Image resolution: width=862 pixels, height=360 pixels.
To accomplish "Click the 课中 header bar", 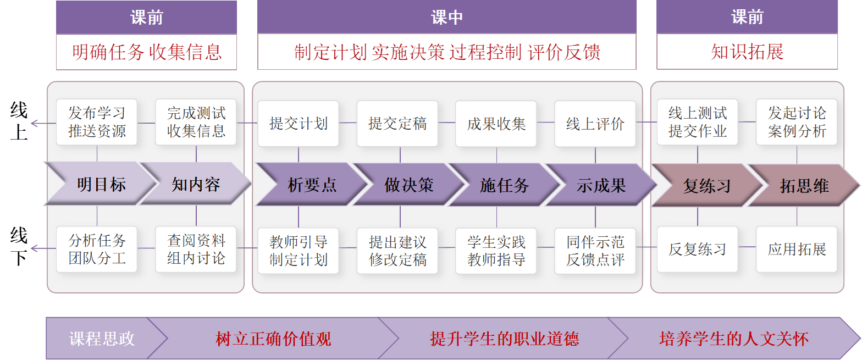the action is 446,17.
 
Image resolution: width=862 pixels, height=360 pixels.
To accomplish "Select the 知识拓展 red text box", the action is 747,52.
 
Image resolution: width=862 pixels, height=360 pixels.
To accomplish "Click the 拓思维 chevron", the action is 804,186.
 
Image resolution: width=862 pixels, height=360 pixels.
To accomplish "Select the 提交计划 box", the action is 298,124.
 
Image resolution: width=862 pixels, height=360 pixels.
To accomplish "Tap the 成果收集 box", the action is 496,124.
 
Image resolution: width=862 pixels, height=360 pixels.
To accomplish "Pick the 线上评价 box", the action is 595,124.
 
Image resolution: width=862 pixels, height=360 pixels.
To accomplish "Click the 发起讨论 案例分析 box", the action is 797,123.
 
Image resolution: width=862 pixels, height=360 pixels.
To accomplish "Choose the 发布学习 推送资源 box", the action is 97,123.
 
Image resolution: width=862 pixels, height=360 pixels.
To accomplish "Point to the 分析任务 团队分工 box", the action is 97,249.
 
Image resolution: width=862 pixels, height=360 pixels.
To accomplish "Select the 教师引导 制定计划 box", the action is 298,250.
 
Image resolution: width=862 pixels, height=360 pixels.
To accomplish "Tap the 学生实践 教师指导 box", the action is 496,250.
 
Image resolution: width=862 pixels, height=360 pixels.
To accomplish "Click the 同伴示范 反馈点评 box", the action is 595,250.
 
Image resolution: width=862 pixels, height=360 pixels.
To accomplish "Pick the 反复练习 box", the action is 697,249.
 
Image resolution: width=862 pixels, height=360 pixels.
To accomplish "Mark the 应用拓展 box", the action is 797,249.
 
